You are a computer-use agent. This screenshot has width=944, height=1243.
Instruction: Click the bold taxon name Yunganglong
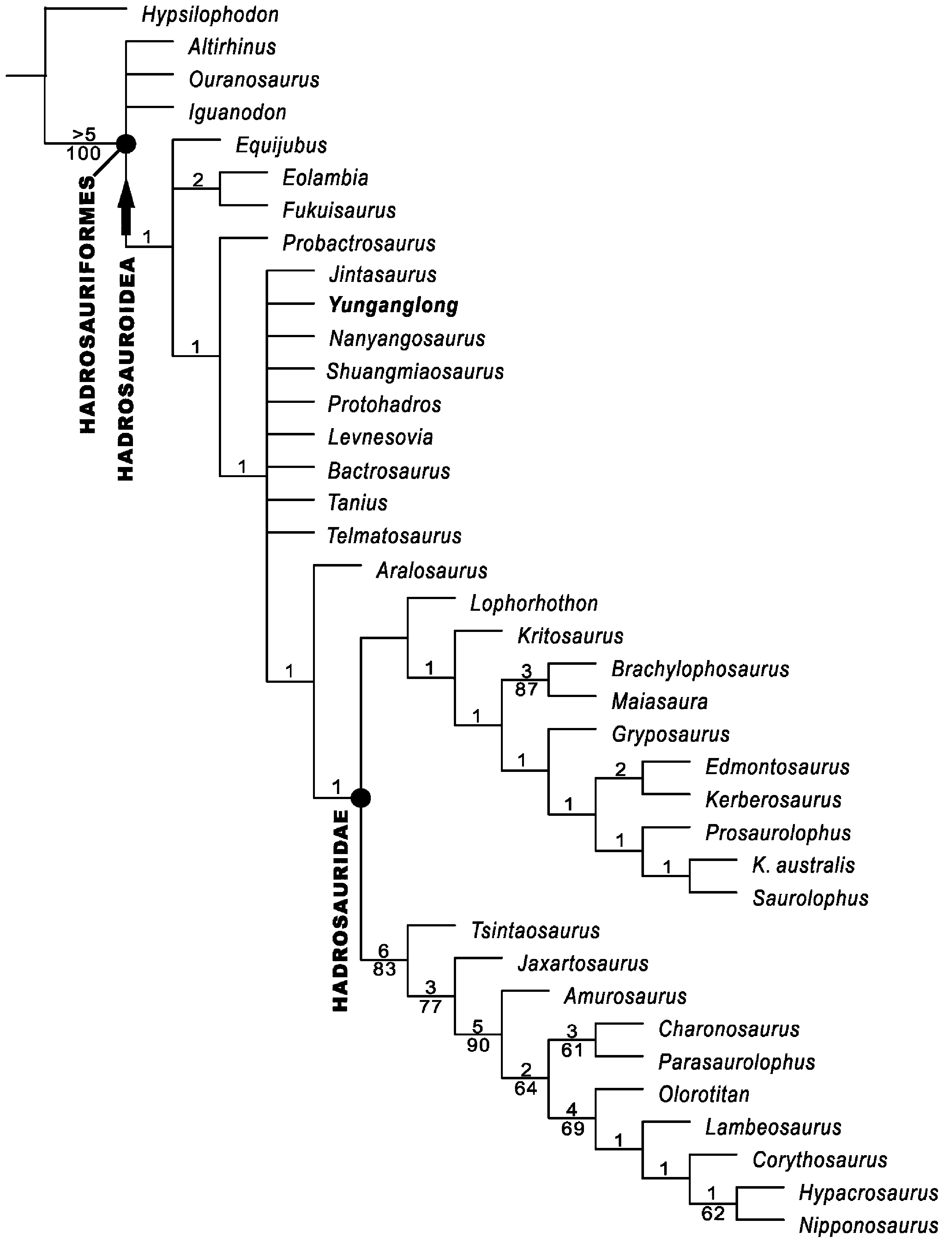click(393, 305)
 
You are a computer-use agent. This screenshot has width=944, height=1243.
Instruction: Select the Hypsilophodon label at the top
click(210, 15)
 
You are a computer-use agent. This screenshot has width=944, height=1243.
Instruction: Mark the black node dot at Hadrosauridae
click(361, 797)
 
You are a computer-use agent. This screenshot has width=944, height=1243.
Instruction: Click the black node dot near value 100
click(126, 144)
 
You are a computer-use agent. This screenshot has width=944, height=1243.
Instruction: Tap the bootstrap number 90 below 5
click(478, 1045)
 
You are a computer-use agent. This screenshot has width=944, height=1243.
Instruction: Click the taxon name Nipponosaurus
click(868, 1226)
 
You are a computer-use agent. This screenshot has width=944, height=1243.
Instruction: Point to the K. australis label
click(803, 865)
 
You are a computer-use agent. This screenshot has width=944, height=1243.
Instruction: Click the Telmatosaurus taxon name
click(394, 536)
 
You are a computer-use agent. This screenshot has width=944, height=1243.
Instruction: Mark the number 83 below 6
click(384, 969)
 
